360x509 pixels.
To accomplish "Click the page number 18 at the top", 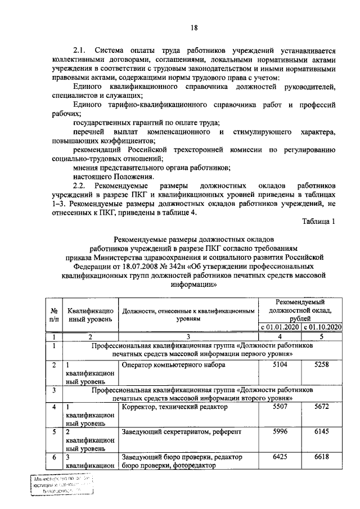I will pyautogui.click(x=193, y=27).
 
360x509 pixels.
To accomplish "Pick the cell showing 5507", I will pyautogui.click(x=280, y=406).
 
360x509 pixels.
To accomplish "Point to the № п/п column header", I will pyautogui.click(x=54, y=314).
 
